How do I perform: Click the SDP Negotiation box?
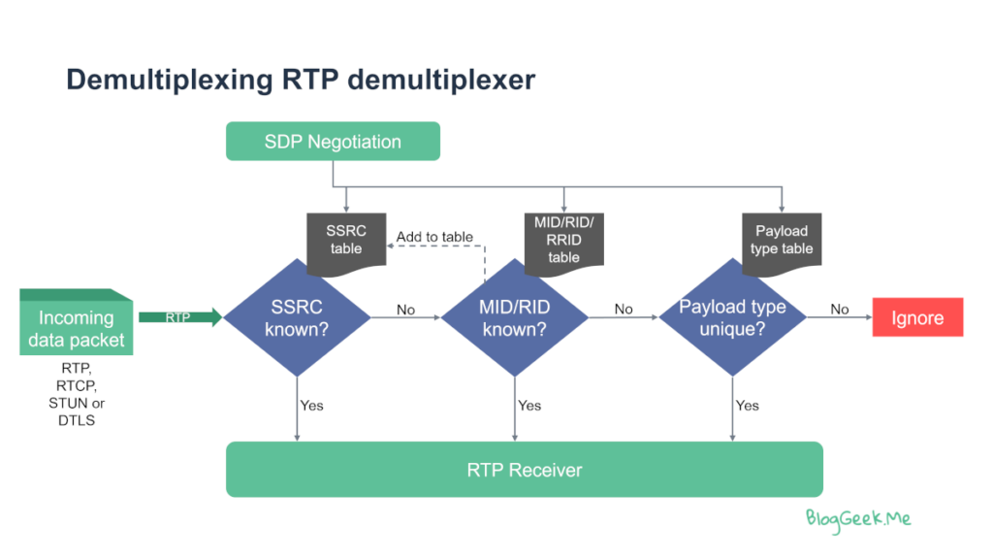[x=333, y=141]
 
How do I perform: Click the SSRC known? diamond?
[x=297, y=317]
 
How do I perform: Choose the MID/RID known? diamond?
[x=514, y=317]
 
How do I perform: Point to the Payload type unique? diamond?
[x=732, y=317]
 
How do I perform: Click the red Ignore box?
[x=917, y=317]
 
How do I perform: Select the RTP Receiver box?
[x=525, y=469]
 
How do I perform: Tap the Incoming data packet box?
[x=76, y=322]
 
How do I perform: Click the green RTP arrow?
[x=180, y=317]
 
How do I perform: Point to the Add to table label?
[x=434, y=237]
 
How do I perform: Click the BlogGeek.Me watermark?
[x=858, y=520]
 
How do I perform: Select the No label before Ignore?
[x=839, y=309]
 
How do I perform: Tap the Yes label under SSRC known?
[x=311, y=405]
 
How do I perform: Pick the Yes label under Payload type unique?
[x=748, y=405]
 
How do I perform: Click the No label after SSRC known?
[x=405, y=310]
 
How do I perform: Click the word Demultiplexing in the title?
[x=170, y=81]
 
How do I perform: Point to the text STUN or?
[x=77, y=403]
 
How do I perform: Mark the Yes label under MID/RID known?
[x=529, y=405]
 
